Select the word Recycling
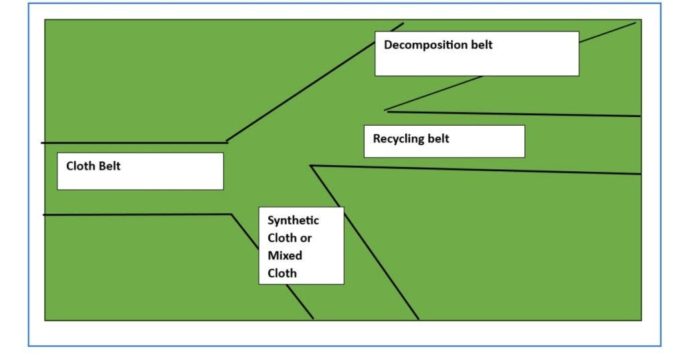(x=399, y=139)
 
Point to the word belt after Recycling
(x=438, y=139)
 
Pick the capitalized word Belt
(x=110, y=166)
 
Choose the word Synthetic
(x=293, y=220)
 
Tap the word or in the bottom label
(x=306, y=238)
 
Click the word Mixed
(x=285, y=256)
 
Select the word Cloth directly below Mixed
(x=282, y=273)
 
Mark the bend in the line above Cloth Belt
(x=227, y=142)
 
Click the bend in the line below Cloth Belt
(x=231, y=215)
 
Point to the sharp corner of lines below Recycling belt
(x=311, y=166)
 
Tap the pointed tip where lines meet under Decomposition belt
(x=385, y=111)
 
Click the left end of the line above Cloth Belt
(x=42, y=143)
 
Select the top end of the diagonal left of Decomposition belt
(x=403, y=23)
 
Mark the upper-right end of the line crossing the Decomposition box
(x=635, y=23)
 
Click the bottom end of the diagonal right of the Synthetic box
(x=419, y=319)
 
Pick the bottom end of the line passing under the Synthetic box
(x=313, y=319)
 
